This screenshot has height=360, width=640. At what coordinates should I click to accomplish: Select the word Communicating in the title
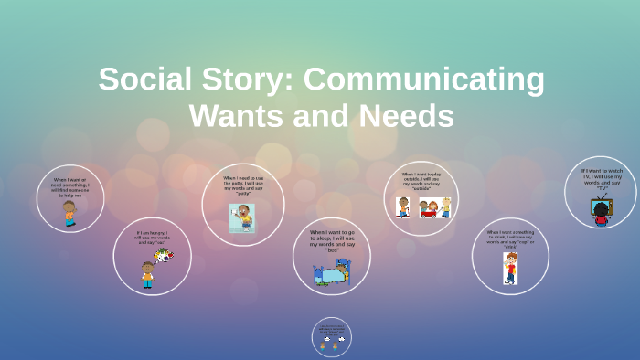click(x=424, y=79)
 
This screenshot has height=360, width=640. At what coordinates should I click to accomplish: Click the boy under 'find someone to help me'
click(x=69, y=214)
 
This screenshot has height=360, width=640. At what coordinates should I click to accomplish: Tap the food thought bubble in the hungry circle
click(x=164, y=255)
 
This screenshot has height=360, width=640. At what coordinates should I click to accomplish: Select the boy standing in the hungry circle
click(x=147, y=273)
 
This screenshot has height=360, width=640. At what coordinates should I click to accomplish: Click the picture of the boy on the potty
click(x=242, y=217)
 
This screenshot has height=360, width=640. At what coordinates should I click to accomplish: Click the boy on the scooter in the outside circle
click(x=403, y=206)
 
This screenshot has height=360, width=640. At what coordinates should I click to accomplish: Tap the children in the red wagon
click(x=429, y=208)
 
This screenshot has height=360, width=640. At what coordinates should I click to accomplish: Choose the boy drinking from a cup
click(x=510, y=268)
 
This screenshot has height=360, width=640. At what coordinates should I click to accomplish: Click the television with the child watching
click(x=601, y=210)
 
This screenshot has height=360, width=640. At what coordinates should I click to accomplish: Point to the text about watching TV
click(x=602, y=178)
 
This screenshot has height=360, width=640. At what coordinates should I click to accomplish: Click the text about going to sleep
click(x=332, y=240)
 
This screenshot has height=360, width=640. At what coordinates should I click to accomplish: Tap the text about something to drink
click(x=510, y=239)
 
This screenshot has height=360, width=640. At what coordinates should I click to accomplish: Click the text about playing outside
click(x=421, y=181)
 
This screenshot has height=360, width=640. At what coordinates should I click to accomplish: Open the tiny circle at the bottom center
click(x=332, y=337)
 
